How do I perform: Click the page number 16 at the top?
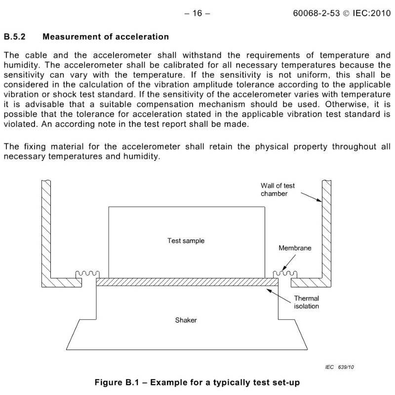[x=197, y=13]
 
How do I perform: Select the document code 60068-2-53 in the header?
[x=316, y=13]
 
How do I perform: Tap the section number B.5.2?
[x=15, y=37]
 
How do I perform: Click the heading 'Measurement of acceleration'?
[x=106, y=37]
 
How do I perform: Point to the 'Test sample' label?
[x=186, y=240]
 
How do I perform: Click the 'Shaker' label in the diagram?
[x=186, y=320]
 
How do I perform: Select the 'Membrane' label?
[x=295, y=248]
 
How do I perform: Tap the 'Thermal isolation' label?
[x=306, y=302]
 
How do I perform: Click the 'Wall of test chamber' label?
[x=277, y=190]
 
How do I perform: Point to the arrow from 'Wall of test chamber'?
[x=312, y=197]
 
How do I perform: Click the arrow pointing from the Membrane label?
[x=289, y=263]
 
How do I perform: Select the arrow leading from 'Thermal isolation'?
[x=278, y=296]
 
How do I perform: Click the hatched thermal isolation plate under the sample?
[x=187, y=282]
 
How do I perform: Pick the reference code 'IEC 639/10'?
[x=339, y=367]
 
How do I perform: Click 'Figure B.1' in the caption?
[x=117, y=382]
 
